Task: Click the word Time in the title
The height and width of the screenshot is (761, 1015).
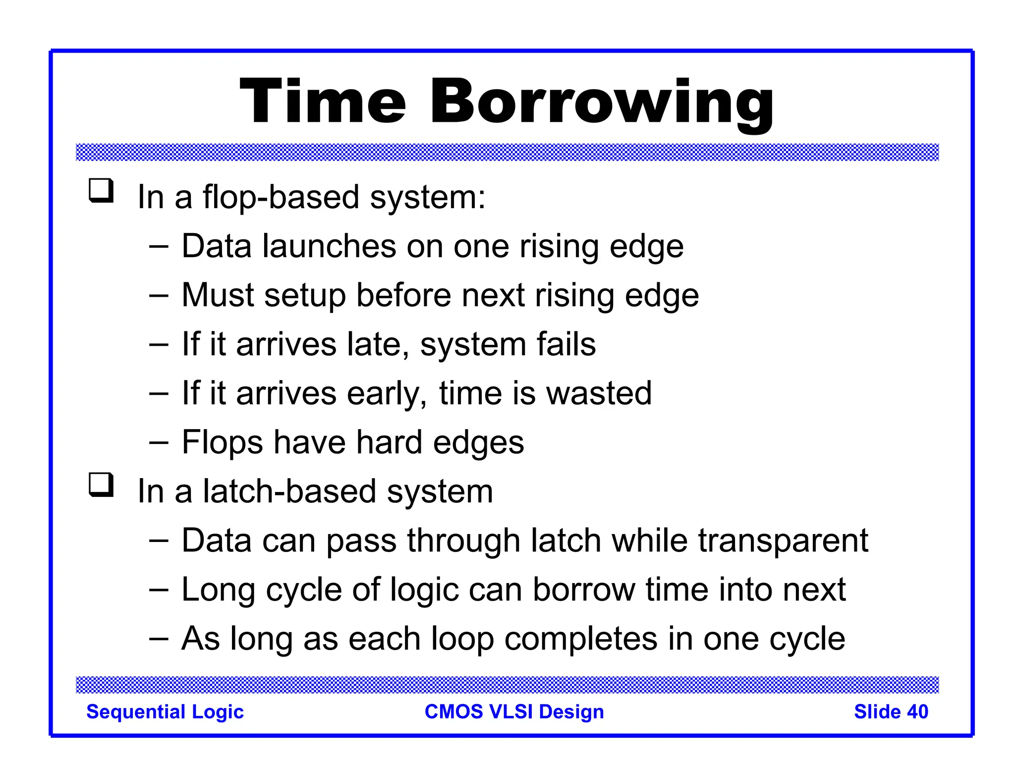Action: [x=323, y=103]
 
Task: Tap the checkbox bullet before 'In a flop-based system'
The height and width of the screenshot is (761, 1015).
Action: [x=101, y=191]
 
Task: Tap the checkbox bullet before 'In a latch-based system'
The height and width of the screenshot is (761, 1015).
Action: [x=101, y=485]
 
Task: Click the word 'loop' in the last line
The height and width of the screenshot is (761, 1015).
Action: [x=462, y=639]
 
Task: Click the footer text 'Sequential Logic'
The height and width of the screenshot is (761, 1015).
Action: [x=165, y=712]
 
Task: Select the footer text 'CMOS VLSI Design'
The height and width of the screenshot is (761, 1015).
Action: [x=514, y=712]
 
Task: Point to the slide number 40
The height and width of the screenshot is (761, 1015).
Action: [x=917, y=712]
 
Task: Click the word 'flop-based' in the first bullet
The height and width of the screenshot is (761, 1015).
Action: [x=281, y=197]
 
